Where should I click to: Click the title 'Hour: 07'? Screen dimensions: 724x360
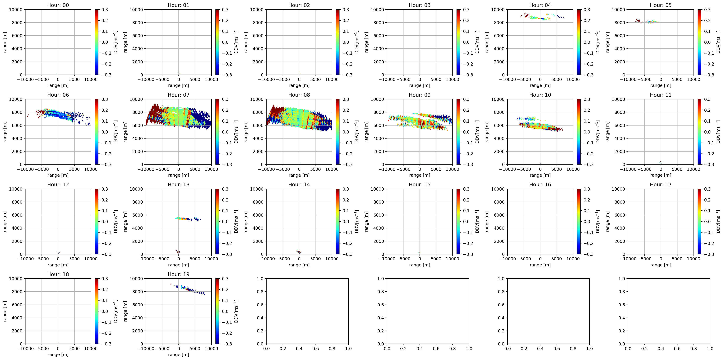coord(178,95)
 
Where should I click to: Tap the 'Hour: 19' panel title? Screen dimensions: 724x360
coord(178,274)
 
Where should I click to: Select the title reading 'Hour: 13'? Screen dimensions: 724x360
coord(178,184)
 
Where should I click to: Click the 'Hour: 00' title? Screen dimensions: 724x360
coord(58,5)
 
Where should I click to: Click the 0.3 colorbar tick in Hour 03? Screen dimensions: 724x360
coord(466,10)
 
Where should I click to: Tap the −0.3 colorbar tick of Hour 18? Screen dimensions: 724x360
coord(106,344)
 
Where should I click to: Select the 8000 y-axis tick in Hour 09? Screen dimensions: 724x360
coord(379,112)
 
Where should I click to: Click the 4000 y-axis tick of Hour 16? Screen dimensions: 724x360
coord(499,228)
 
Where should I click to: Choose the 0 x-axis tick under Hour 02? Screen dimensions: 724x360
coord(299,79)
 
